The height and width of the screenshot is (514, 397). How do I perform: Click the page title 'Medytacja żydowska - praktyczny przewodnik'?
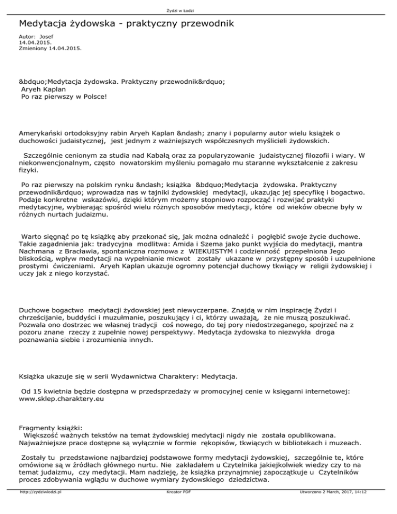tap(126, 24)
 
